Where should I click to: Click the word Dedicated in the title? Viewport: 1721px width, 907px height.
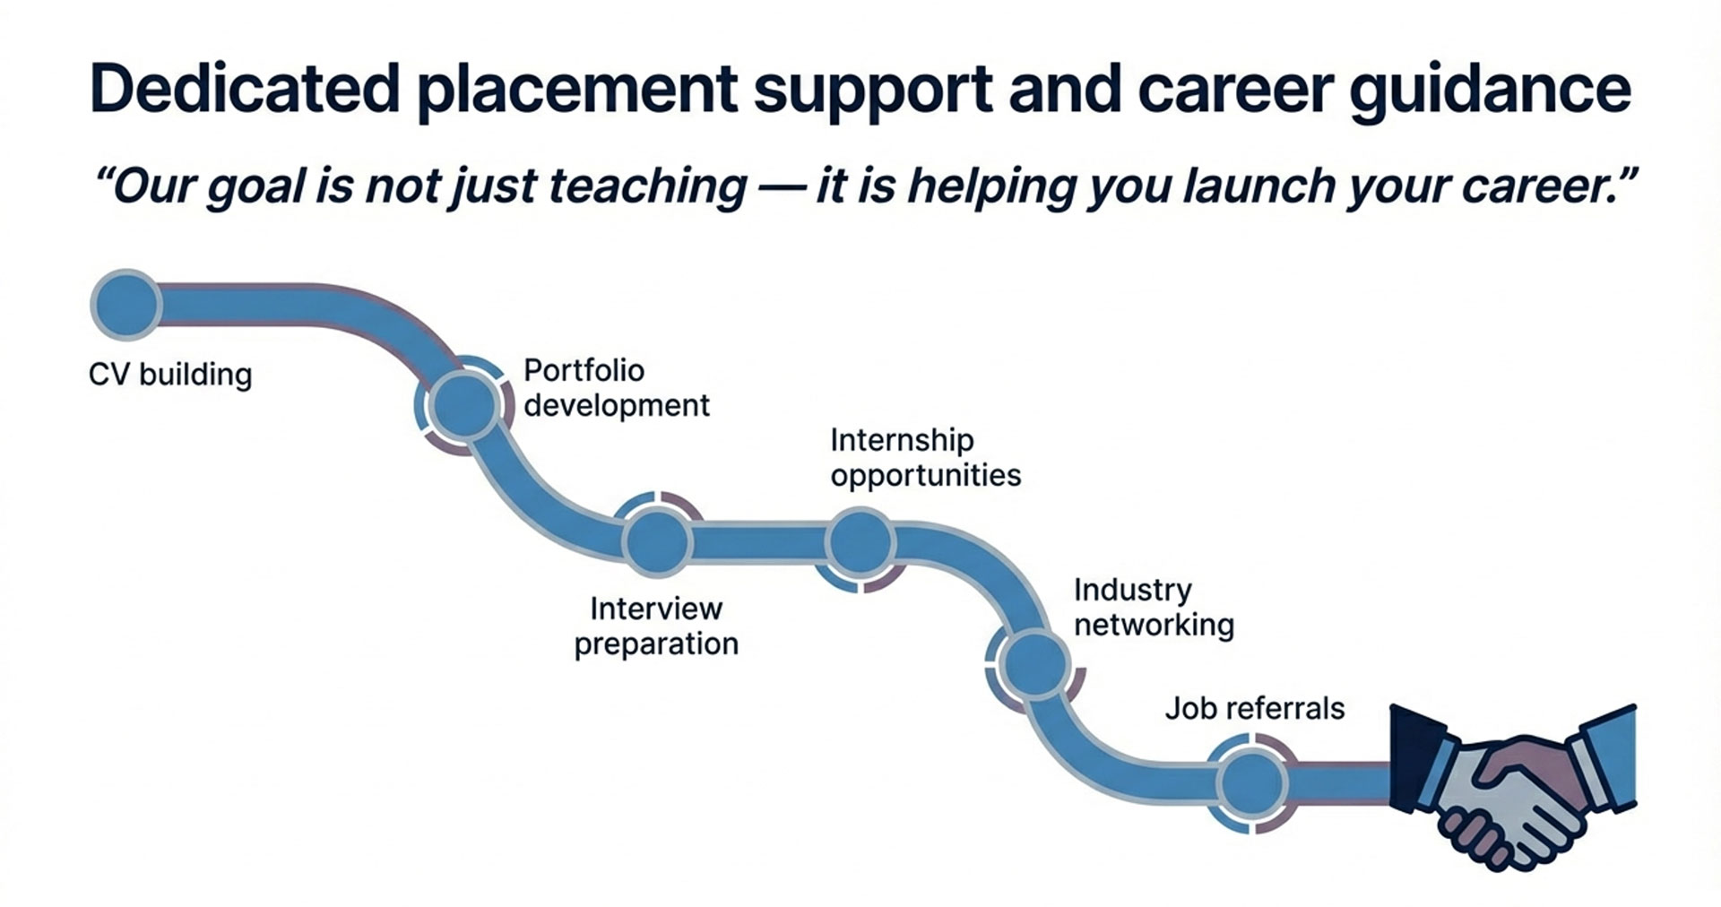click(245, 89)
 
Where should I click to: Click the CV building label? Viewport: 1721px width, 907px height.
click(170, 374)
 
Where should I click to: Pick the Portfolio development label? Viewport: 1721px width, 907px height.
click(617, 388)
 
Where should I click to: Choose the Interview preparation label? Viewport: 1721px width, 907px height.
click(656, 626)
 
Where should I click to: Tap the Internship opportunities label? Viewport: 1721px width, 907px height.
click(926, 457)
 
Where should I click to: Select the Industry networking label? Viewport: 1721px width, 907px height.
click(1155, 607)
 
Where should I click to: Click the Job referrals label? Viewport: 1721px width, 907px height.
click(1255, 709)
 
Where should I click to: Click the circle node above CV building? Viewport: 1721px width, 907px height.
click(126, 305)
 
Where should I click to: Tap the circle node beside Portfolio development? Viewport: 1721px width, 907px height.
click(463, 405)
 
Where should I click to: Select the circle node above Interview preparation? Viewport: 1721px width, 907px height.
click(657, 541)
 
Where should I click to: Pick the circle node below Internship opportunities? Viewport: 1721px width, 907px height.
click(860, 541)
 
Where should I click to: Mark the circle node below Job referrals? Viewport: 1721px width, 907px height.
click(1253, 783)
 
